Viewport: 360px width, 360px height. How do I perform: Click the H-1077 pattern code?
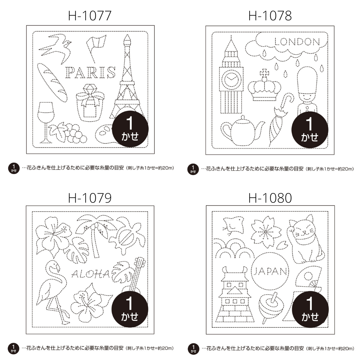[90, 16]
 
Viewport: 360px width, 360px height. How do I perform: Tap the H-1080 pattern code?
[270, 198]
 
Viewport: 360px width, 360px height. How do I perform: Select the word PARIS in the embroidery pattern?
[90, 72]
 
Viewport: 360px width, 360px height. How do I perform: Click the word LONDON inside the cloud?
[297, 42]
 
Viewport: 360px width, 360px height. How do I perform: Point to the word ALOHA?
[90, 274]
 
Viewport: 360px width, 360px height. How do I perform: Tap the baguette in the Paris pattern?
[52, 82]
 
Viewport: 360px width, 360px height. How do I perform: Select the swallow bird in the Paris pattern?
[55, 49]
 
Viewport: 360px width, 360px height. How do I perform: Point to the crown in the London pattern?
[264, 85]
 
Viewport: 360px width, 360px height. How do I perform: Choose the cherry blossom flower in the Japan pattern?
[266, 231]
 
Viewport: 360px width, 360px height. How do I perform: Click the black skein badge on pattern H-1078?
[310, 130]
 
